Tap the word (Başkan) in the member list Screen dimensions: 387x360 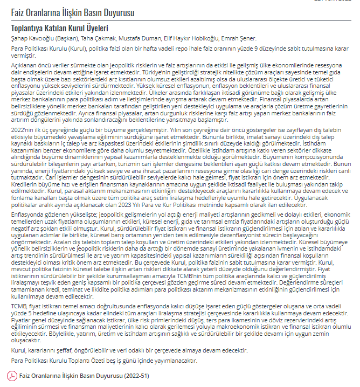tap(65, 38)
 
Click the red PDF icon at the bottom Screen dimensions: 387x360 tap(15, 375)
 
